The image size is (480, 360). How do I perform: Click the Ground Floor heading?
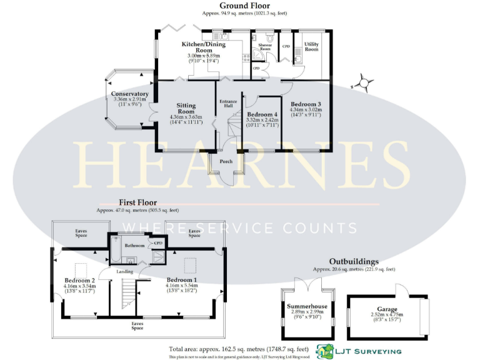pos(239,6)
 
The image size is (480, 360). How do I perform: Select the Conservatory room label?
pos(129,94)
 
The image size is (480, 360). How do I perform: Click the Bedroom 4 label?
pos(262,114)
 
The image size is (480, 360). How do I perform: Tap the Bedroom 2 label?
pos(79,281)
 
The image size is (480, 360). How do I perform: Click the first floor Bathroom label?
pos(134,246)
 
